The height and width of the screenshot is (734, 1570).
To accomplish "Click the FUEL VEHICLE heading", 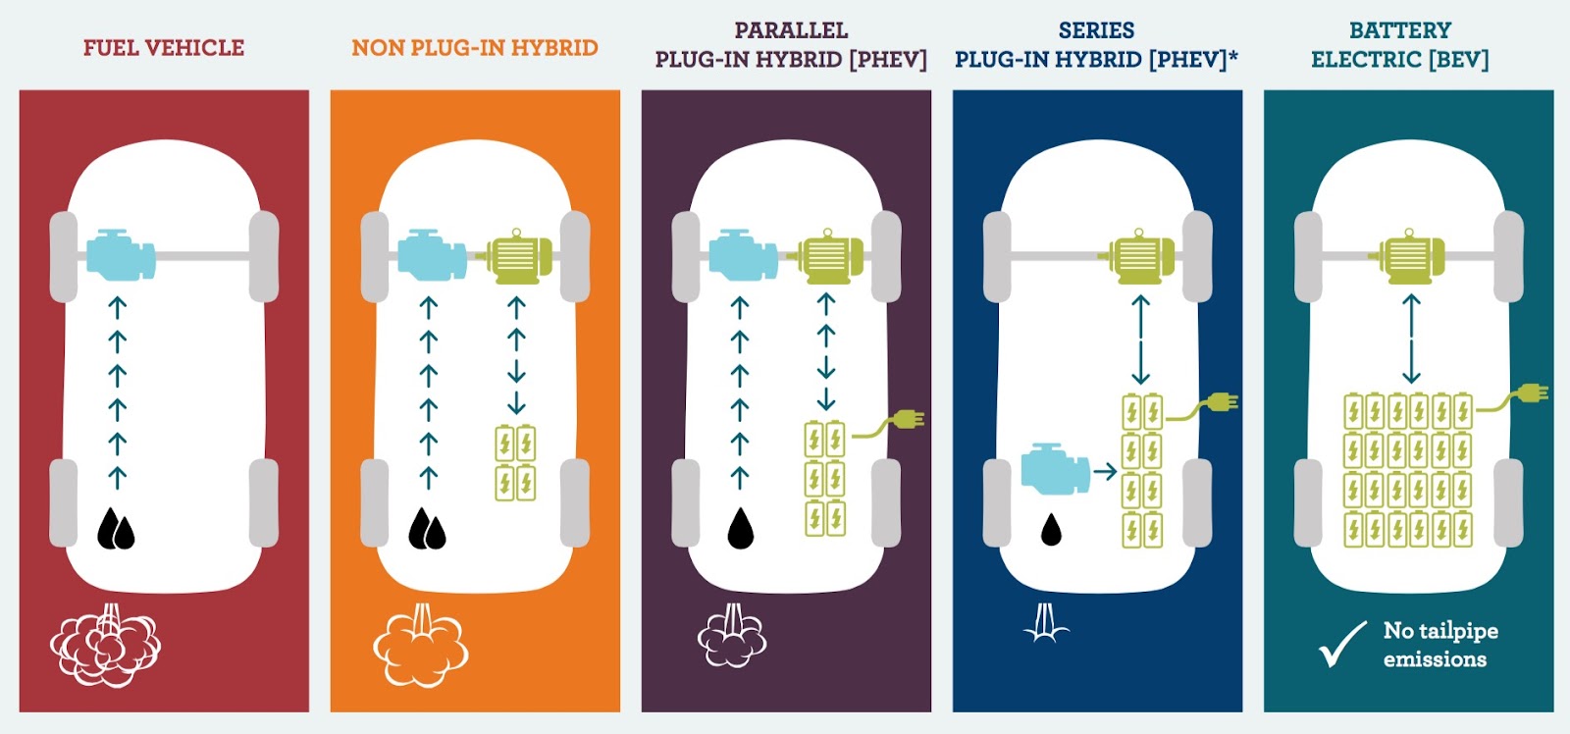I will (x=164, y=47).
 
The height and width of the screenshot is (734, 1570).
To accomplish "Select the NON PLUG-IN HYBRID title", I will (x=475, y=47).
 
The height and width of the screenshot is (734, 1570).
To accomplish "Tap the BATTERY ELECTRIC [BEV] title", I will (x=1399, y=45).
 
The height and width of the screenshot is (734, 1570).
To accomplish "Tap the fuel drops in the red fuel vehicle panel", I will (x=116, y=530).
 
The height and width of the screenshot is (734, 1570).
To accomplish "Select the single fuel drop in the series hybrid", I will (x=1051, y=530).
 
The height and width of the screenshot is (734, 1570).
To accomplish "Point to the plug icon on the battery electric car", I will (x=1531, y=393).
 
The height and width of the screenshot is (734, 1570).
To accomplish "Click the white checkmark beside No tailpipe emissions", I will (x=1342, y=644).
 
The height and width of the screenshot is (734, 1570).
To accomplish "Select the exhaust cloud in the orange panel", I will (x=421, y=648).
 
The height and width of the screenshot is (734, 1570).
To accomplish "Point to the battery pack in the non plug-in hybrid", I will (x=515, y=463).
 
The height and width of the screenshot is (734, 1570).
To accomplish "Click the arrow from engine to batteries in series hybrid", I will (x=1105, y=472).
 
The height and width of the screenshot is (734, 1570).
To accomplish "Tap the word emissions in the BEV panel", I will (x=1435, y=659).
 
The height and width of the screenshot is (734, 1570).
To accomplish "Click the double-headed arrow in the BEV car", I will (x=1411, y=340).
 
